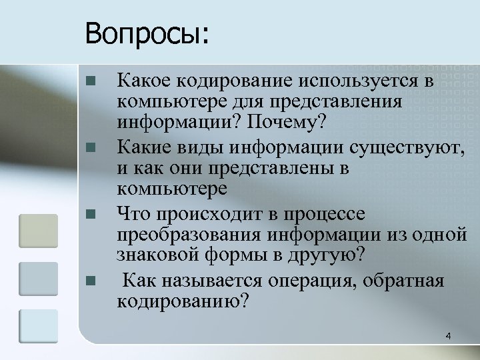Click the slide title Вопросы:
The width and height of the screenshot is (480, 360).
coord(147,33)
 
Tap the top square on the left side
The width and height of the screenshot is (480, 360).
coord(38,230)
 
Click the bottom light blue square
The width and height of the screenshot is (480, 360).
coord(38,327)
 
